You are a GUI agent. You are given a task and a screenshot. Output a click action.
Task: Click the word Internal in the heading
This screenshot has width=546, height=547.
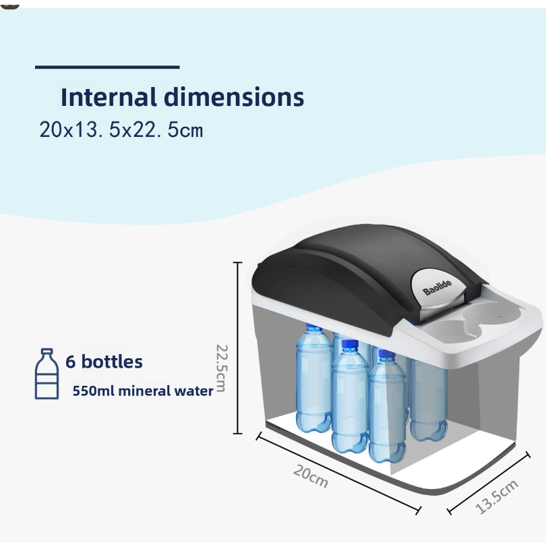point(109,97)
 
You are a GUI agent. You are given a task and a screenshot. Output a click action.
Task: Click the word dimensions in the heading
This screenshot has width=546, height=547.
point(234,97)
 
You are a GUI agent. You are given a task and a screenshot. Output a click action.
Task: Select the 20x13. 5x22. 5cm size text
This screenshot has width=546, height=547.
point(121,129)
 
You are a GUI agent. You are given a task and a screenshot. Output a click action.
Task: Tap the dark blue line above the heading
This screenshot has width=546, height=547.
point(107,67)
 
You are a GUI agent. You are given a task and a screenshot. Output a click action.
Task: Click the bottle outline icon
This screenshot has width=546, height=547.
point(47,374)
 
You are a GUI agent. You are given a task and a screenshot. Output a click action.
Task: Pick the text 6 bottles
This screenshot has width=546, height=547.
point(104,362)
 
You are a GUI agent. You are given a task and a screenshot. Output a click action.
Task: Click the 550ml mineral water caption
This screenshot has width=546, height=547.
point(143,391)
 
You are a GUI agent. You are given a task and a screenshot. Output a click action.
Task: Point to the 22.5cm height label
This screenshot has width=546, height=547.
point(222,368)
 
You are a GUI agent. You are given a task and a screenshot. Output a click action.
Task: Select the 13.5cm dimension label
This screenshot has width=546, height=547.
point(497,497)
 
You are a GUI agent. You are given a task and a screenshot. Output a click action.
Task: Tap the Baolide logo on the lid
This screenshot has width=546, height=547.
point(437,287)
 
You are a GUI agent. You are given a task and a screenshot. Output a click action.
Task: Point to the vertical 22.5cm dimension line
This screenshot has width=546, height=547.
point(237,348)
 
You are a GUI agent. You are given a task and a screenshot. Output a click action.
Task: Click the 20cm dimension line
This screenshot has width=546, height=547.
point(338,473)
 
